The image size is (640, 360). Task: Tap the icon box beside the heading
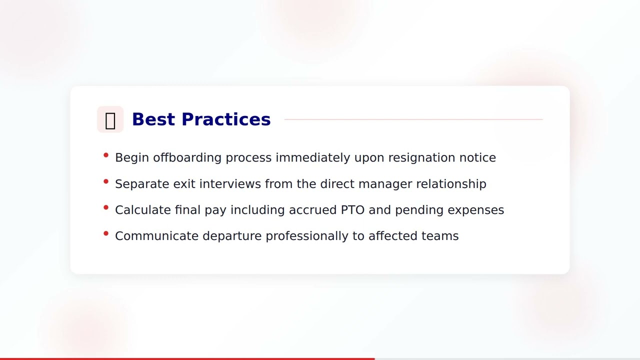(x=110, y=119)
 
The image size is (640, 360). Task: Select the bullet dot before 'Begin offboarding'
(x=106, y=155)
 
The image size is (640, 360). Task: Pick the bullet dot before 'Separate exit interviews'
(x=106, y=181)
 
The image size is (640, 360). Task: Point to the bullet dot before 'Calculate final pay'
(x=106, y=207)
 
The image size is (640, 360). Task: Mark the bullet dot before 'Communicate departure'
(x=106, y=233)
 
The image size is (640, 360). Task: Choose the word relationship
(x=451, y=184)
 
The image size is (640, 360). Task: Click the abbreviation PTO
(x=353, y=210)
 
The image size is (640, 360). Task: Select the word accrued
(x=313, y=210)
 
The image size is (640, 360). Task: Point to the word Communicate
(x=156, y=236)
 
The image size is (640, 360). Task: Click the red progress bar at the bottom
(x=187, y=358)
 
